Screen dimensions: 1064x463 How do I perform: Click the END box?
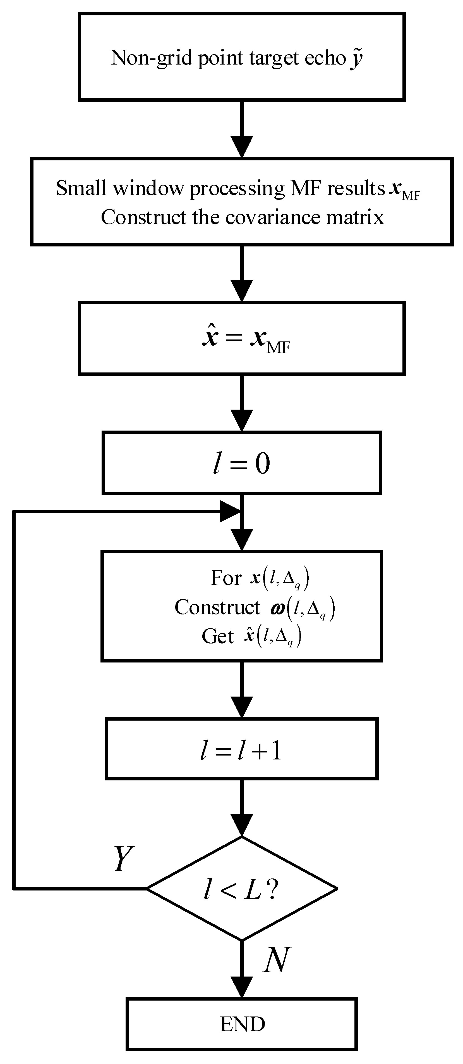tap(241, 1024)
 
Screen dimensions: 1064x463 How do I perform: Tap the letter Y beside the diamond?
tap(123, 859)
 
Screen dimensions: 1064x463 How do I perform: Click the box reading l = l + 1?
tap(241, 749)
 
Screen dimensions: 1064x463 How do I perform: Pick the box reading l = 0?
tap(241, 463)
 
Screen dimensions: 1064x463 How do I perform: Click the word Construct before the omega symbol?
tap(217, 607)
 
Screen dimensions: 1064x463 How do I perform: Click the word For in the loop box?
tap(226, 578)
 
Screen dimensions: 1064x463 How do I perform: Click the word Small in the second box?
tap(81, 188)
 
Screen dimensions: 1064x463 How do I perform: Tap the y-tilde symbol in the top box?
tap(357, 58)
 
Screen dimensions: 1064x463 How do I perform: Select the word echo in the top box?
tap(325, 58)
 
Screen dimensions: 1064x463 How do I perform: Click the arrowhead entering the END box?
tap(241, 988)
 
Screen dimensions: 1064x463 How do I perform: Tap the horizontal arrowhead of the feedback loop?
tap(229, 511)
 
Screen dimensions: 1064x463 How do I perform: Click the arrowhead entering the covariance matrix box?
tap(241, 147)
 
